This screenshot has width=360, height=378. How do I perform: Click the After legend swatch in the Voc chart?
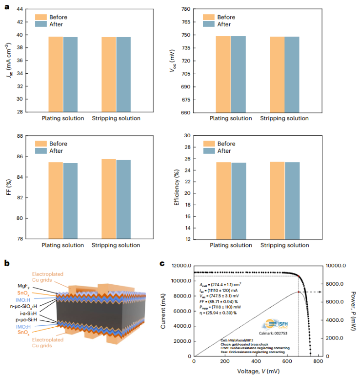(x=209, y=24)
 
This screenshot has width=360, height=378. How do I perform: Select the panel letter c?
(x=162, y=264)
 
